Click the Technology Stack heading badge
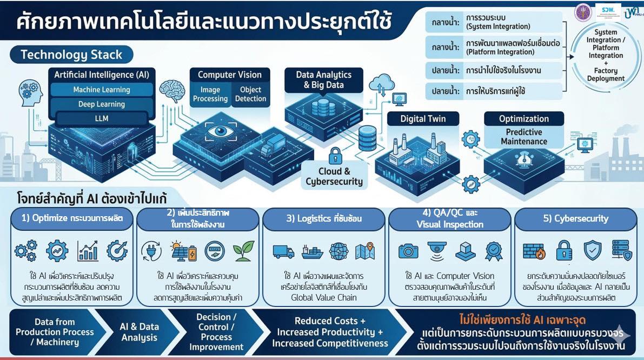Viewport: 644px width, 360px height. coord(71,55)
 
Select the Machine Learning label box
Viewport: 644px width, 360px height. coord(102,90)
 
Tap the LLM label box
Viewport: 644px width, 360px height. coord(102,118)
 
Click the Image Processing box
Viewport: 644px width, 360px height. coord(210,94)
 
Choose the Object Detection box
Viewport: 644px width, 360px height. coord(250,94)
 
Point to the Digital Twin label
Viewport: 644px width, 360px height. coord(423,119)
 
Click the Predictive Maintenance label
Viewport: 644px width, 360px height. coord(523,137)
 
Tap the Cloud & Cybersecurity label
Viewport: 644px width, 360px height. coord(334,176)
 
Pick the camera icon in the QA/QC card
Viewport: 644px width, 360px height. coord(408,251)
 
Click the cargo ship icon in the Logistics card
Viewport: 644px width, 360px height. coord(313,251)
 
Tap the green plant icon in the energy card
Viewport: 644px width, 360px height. coord(243,251)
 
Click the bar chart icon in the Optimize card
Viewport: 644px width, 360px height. coord(88,251)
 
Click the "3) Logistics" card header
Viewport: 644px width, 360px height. coord(324,219)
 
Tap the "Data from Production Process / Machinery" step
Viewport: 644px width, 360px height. coord(55,332)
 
